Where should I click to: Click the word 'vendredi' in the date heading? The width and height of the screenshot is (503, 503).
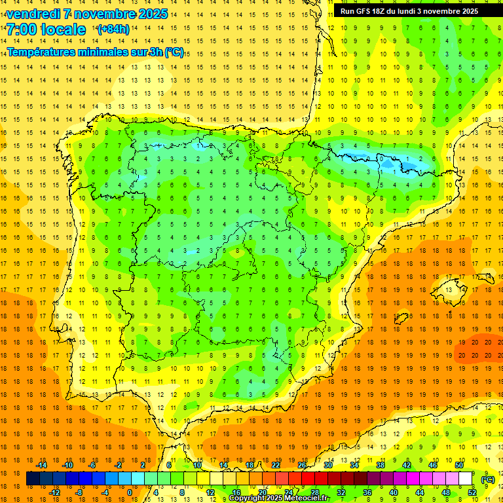point(33,14)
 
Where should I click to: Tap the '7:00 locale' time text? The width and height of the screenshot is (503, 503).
point(46,29)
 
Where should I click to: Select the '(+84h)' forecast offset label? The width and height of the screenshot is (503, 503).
point(113,29)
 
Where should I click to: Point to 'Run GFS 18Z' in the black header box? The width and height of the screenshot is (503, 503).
point(363,11)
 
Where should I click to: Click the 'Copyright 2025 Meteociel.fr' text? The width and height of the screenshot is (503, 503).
point(279,498)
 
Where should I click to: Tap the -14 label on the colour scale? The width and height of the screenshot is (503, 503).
point(42,465)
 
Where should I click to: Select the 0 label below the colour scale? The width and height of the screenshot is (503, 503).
point(130,493)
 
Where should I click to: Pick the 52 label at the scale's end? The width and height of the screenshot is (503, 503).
point(473,493)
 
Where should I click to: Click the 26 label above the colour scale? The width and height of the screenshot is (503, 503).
point(302,465)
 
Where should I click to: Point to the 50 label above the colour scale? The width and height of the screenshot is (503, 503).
point(460,465)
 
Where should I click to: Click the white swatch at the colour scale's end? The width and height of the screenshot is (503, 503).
point(466,479)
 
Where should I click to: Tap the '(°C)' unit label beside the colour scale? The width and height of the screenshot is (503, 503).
point(488,479)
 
